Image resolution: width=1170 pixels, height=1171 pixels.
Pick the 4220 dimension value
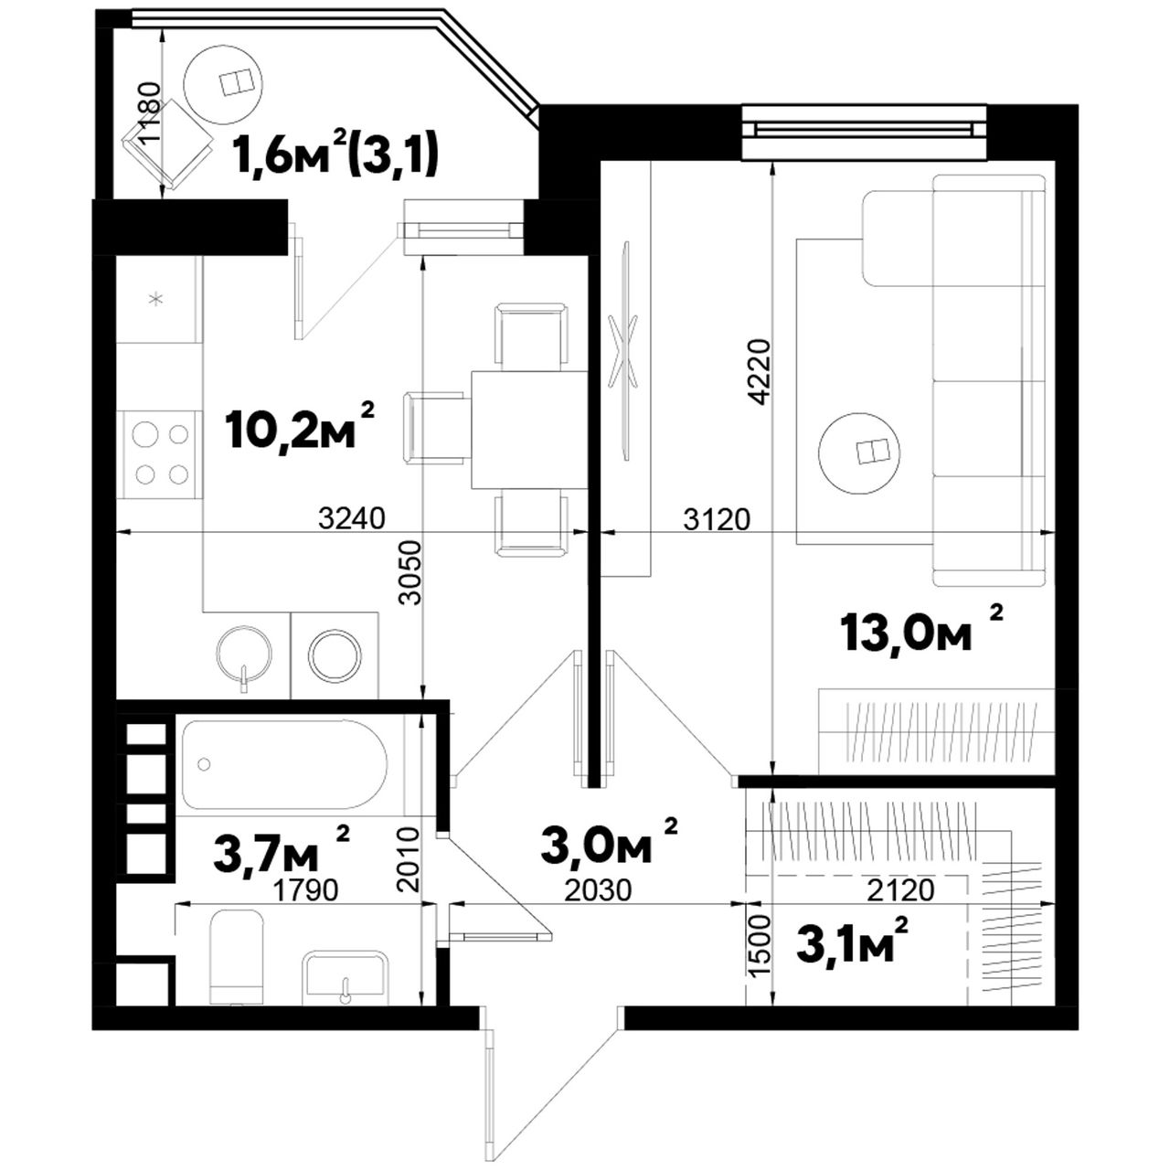[x=760, y=371]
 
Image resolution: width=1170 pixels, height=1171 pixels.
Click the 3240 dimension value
[x=352, y=519]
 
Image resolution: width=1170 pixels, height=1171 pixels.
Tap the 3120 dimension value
[x=718, y=519]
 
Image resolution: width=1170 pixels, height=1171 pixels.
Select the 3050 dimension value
[x=410, y=572]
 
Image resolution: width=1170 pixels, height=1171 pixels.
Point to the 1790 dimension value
[x=305, y=890]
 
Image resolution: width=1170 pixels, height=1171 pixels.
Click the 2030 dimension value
[x=598, y=890]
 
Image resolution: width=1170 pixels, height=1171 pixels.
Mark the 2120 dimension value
[x=900, y=890]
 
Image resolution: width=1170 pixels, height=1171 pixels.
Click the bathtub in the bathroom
[x=284, y=764]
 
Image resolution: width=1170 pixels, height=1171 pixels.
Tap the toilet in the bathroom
[x=236, y=957]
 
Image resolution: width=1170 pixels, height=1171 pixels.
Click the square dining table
[x=529, y=430]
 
